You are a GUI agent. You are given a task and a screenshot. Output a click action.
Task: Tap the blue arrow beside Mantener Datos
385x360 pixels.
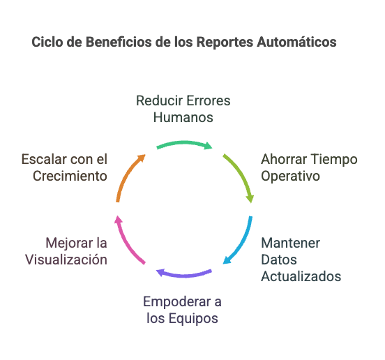click(241, 241)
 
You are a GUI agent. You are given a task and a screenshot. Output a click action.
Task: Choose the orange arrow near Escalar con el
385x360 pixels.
click(128, 178)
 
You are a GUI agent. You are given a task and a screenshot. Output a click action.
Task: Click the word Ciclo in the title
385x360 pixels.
click(45, 43)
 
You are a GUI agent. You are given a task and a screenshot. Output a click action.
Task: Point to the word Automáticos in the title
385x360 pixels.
click(299, 43)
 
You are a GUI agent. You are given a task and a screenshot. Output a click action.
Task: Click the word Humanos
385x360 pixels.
click(183, 117)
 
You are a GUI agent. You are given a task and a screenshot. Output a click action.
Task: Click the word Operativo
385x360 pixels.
click(290, 176)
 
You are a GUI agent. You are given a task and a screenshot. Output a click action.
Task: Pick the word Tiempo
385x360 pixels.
click(333, 159)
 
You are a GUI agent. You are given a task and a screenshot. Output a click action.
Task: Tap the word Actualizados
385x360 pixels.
click(301, 276)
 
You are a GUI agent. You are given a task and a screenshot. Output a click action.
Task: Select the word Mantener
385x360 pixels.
click(290, 243)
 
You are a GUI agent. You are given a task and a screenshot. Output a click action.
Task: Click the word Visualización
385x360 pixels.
click(66, 260)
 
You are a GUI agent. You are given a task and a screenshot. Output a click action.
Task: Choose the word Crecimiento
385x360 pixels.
click(70, 176)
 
